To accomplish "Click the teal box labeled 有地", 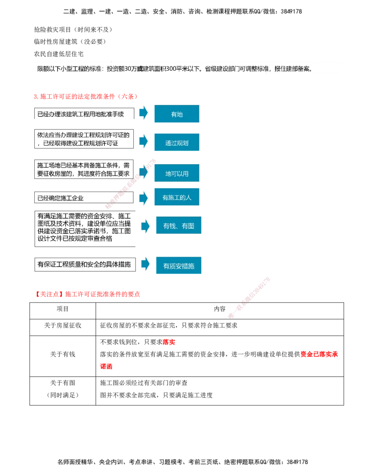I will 177,114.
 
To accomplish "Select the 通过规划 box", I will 177,143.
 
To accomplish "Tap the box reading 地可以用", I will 177,173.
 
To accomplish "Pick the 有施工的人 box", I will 177,197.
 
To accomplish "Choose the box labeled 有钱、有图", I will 178,226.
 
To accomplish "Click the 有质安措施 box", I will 178,265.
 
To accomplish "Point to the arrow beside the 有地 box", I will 144,112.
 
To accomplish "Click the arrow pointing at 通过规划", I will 144,141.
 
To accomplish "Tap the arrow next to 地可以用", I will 144,172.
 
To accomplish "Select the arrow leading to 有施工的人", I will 144,198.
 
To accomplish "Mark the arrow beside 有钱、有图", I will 145,226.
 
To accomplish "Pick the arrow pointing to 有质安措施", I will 145,264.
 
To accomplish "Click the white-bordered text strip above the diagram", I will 188,67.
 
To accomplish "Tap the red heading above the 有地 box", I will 85,96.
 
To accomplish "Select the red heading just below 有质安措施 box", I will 89,294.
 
